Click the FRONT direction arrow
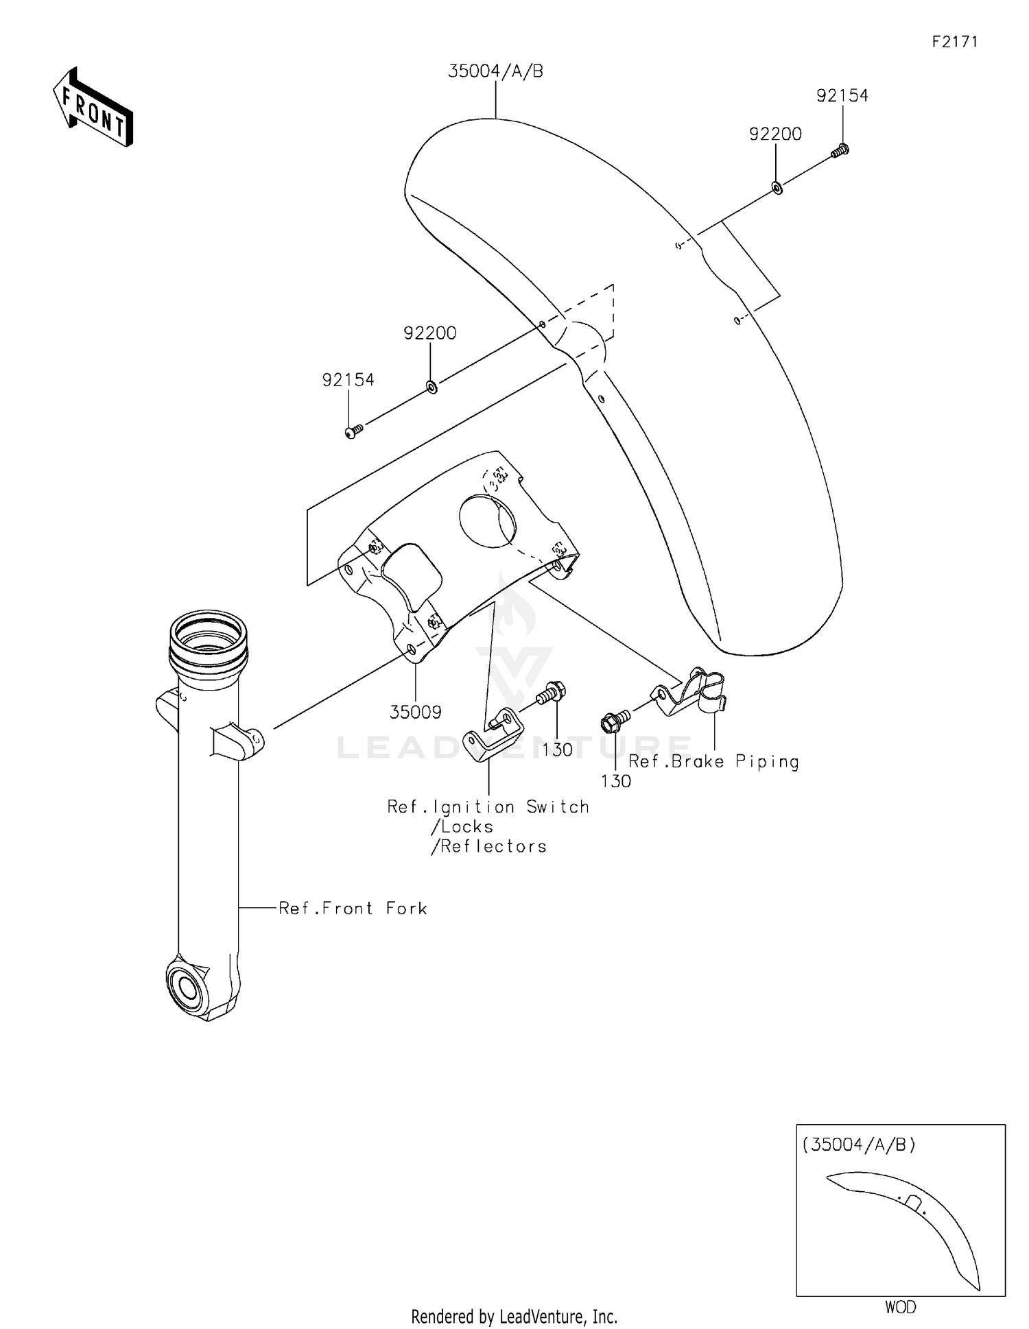[x=93, y=108]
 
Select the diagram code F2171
[x=954, y=42]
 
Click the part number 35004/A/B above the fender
[x=495, y=71]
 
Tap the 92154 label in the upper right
[x=842, y=96]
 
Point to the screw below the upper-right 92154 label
[x=840, y=150]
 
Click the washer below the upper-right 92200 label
[x=777, y=187]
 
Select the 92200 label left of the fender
[x=429, y=333]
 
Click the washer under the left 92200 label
[x=431, y=387]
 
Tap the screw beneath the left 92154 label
[x=353, y=431]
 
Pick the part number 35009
[x=415, y=713]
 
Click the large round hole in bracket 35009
[x=486, y=521]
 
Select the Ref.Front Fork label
[x=353, y=909]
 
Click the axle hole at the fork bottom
[x=187, y=989]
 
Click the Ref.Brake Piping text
[x=713, y=762]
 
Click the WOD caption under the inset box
[x=900, y=1307]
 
